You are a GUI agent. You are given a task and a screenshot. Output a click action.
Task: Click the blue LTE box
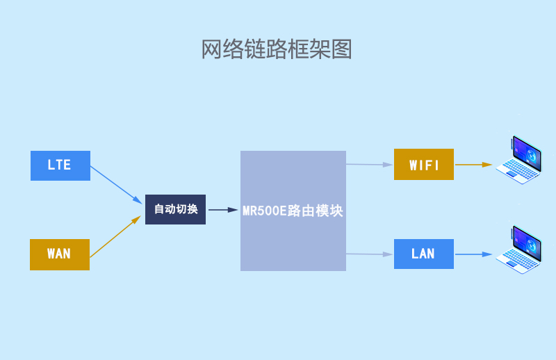(60, 165)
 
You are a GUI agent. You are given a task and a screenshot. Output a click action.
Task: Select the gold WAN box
(60, 254)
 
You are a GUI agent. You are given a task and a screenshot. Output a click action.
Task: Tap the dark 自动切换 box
(175, 209)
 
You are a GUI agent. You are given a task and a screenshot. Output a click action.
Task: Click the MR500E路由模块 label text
(293, 211)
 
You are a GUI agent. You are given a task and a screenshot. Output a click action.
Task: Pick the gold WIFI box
(423, 165)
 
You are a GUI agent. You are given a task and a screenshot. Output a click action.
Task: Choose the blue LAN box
(423, 254)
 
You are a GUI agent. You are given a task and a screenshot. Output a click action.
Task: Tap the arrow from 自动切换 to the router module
(222, 209)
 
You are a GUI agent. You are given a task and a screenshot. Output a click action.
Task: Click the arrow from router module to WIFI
(369, 165)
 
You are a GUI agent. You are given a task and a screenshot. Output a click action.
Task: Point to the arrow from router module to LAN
(369, 254)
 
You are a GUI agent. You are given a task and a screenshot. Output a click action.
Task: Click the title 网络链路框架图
(277, 49)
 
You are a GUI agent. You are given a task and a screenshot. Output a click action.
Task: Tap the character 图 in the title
(342, 49)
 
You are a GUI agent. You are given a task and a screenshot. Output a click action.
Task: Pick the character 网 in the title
(212, 49)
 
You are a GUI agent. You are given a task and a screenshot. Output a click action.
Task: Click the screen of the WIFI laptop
(527, 154)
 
